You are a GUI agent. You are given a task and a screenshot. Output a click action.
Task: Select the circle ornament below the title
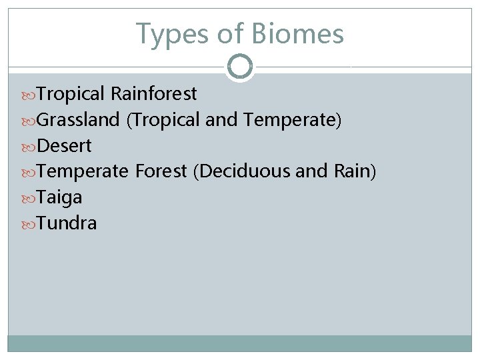tap(240, 67)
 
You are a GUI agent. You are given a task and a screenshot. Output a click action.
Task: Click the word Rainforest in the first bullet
tap(154, 94)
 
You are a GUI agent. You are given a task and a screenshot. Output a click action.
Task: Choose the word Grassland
tap(78, 120)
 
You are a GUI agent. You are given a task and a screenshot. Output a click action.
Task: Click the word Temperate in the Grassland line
tap(291, 120)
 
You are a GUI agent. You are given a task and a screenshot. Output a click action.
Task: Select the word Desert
tap(64, 145)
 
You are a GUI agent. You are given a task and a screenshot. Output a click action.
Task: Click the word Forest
tap(161, 171)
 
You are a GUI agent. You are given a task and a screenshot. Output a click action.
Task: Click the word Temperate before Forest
tap(82, 171)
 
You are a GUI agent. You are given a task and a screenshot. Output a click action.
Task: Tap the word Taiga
tap(59, 197)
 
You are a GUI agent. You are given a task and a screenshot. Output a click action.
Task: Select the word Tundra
tap(67, 223)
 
